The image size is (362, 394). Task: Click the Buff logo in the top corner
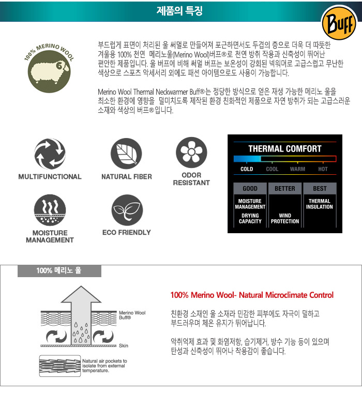tap(339, 23)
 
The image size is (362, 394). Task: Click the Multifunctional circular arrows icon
tap(50, 154)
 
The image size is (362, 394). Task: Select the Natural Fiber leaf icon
tap(126, 154)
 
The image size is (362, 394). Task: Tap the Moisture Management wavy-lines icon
tap(50, 210)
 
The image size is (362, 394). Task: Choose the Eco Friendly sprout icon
tap(127, 210)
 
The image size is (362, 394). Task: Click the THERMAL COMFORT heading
tap(285, 149)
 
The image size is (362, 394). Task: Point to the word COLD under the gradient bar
tap(247, 169)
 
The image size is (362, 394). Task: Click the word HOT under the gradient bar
tap(323, 169)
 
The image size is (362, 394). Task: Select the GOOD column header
tap(250, 189)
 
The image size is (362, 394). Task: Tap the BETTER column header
tap(285, 189)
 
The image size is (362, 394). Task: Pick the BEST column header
tap(320, 189)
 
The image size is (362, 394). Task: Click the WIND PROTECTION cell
tap(285, 218)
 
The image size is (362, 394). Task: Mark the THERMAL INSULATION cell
tap(320, 204)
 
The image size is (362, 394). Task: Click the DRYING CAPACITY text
tap(250, 218)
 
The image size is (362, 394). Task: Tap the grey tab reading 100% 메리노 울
tap(59, 270)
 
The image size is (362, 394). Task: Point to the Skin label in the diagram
tap(124, 345)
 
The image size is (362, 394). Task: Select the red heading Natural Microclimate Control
tap(252, 295)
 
